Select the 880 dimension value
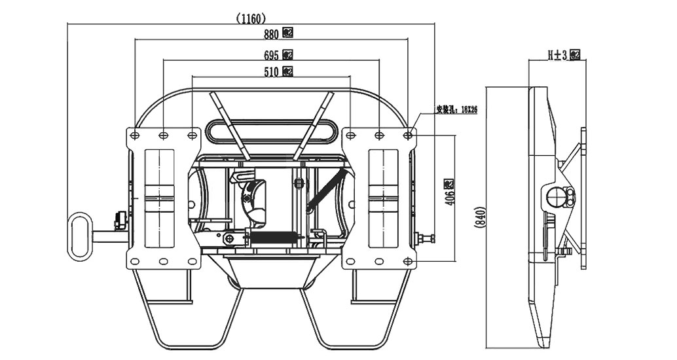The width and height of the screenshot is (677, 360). [272, 34]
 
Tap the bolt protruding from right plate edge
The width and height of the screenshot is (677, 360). [426, 239]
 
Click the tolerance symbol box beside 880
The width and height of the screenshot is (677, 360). [287, 34]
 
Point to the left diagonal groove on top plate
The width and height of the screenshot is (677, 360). [229, 124]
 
